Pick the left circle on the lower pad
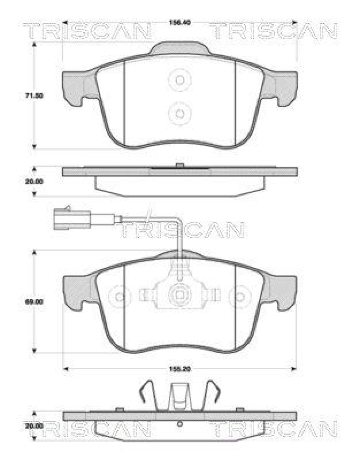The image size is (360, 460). pyautogui.click(x=120, y=297)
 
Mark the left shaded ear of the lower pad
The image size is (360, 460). pyautogui.click(x=75, y=290)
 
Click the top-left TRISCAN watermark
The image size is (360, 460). pyautogui.click(x=86, y=31)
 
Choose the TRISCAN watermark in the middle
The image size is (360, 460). pyautogui.click(x=180, y=230)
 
